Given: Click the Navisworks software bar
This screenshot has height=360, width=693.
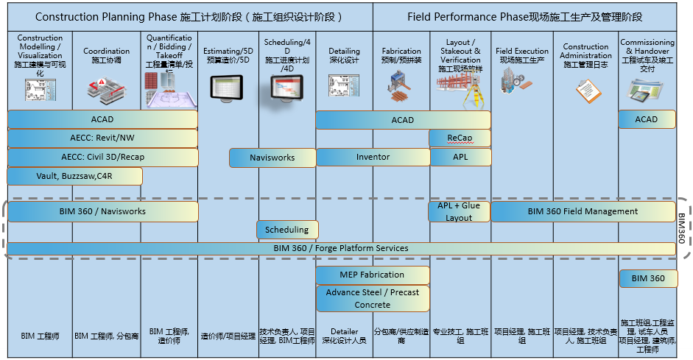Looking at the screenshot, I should click(272, 158).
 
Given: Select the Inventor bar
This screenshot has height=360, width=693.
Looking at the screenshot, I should click(373, 158).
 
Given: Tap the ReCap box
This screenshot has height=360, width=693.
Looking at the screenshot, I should click(460, 138).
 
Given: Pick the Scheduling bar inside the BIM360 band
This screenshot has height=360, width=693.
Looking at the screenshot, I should click(287, 230).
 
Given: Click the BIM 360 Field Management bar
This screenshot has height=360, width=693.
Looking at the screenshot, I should click(583, 211).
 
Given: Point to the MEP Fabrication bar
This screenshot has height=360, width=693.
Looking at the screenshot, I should click(372, 275).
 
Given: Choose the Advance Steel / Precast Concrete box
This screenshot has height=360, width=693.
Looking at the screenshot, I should click(372, 298).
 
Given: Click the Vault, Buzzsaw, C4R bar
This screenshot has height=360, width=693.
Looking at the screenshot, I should click(74, 176).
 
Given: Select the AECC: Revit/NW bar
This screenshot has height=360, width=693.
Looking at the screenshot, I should click(102, 138).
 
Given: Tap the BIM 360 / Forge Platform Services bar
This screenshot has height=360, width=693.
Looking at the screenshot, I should click(340, 248).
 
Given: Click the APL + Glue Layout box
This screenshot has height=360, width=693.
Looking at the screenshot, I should click(459, 211).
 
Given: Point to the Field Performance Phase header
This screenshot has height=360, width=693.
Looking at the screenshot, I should click(524, 16).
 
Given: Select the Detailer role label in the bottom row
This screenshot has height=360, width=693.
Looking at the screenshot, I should click(344, 336).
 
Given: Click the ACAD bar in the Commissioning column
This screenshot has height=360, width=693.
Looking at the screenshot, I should click(646, 119).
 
